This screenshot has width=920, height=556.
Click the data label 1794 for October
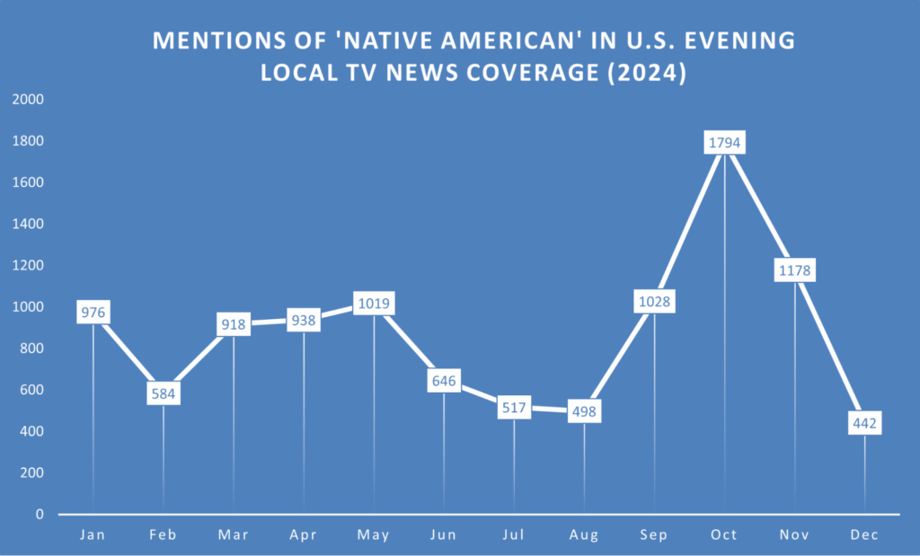point(724,142)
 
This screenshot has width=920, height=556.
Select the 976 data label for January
point(93,313)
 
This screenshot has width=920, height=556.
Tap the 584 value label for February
point(164,393)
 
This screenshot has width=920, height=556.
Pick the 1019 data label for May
point(374,304)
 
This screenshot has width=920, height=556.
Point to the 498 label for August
point(584,411)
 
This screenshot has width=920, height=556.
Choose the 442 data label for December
point(864,423)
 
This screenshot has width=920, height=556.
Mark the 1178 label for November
point(794,269)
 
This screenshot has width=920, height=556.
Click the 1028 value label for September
point(654,301)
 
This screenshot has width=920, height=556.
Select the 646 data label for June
point(444,381)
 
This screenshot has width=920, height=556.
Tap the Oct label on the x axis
point(724,535)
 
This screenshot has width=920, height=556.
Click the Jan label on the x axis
point(93,535)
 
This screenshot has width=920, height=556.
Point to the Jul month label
point(514,535)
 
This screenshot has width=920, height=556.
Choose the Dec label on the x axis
point(864,535)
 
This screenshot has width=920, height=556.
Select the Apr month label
point(304,535)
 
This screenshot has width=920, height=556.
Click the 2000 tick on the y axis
point(28,100)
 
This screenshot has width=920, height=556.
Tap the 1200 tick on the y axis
point(28,266)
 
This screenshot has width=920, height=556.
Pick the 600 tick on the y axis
point(31,390)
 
